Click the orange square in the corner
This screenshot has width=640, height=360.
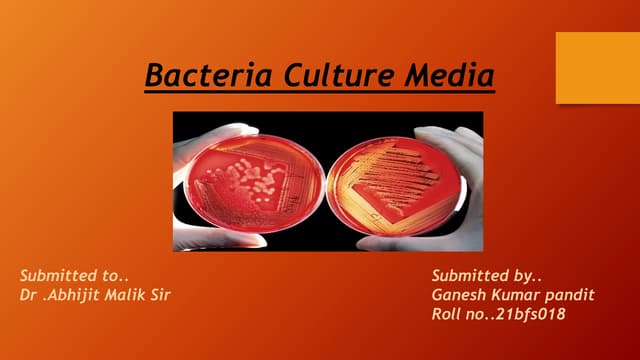click(x=597, y=67)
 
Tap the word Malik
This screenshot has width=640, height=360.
click(x=135, y=295)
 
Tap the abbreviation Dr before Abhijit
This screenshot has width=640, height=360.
click(x=29, y=295)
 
